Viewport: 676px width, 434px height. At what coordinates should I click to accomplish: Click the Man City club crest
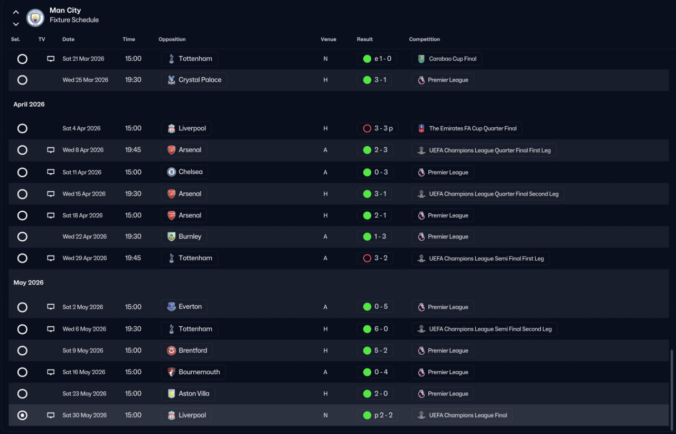(35, 18)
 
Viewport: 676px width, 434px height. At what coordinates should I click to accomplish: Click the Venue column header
(328, 39)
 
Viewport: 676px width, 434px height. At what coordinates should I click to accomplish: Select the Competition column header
(424, 39)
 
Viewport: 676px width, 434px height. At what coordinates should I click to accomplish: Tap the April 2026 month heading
(29, 104)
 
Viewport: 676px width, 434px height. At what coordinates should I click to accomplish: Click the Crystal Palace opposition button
(194, 80)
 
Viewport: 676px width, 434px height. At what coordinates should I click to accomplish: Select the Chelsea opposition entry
(184, 172)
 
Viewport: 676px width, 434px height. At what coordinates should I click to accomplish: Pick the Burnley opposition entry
(184, 237)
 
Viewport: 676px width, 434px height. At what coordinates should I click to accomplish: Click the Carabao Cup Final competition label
(447, 59)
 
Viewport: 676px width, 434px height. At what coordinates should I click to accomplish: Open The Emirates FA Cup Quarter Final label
(467, 128)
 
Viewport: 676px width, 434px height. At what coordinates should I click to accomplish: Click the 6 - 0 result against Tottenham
(375, 329)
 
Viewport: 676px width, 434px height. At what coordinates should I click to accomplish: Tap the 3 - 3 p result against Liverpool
(378, 128)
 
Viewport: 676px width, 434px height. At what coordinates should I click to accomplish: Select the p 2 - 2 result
(377, 416)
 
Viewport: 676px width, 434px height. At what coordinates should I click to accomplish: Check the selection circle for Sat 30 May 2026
(22, 416)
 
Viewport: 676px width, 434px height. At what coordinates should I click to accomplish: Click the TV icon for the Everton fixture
(51, 307)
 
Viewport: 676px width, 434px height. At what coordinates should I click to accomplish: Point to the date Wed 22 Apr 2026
(84, 237)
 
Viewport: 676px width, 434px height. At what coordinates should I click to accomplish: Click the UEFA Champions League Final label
(462, 416)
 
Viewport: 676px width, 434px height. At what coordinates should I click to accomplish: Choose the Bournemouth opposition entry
(193, 372)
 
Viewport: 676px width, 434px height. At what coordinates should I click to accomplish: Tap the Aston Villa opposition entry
(188, 393)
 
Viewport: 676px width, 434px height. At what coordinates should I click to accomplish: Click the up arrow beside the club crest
(16, 12)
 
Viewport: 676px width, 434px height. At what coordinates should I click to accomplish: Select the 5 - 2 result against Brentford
(375, 351)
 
